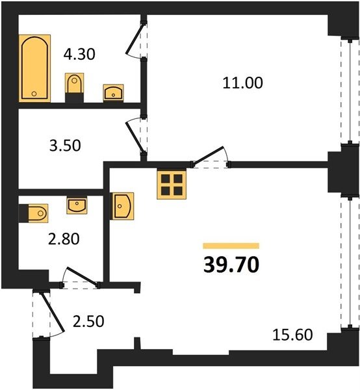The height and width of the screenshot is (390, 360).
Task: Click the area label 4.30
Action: tap(79, 54)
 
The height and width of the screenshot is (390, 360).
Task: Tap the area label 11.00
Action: tap(242, 83)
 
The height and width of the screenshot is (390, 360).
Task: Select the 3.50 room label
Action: tap(65, 146)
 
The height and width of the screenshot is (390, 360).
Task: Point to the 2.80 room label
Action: tap(64, 239)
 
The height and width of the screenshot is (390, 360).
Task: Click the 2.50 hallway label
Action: tap(88, 321)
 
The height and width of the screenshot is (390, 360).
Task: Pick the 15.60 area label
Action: tap(292, 335)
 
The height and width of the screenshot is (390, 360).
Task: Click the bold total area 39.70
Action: tap(231, 265)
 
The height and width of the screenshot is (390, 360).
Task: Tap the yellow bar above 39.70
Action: tap(231, 246)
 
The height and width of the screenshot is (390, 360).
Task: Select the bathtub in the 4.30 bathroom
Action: tap(35, 68)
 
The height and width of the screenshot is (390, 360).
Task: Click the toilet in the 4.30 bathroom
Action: tap(74, 87)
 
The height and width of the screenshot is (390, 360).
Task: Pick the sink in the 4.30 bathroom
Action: tap(113, 93)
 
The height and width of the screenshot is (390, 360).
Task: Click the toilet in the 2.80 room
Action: tap(34, 213)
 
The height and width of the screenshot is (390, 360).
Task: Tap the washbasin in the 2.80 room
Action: tap(77, 205)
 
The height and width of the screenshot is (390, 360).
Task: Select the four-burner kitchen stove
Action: tap(172, 185)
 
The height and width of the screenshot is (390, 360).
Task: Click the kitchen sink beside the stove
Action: tap(122, 206)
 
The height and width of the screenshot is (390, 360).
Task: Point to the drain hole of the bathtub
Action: tap(34, 94)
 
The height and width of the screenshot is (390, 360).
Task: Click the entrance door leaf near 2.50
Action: tap(53, 312)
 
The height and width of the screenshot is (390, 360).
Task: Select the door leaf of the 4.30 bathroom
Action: tap(135, 39)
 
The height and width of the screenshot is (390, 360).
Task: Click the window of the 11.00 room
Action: tap(350, 91)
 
